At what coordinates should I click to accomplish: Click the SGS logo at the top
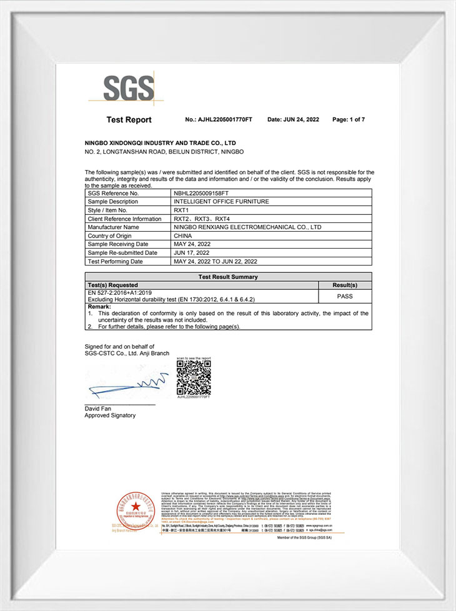click(129, 88)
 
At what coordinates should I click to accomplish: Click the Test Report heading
click(129, 119)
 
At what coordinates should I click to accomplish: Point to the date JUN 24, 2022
click(293, 119)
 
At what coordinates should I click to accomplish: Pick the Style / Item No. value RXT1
click(181, 211)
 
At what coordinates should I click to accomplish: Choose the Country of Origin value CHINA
click(183, 236)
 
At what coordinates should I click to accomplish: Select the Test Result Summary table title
click(228, 277)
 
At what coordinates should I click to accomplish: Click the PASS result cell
click(345, 296)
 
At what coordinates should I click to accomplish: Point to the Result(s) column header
click(345, 285)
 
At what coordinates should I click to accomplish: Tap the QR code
click(193, 377)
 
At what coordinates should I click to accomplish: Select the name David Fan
click(99, 409)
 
